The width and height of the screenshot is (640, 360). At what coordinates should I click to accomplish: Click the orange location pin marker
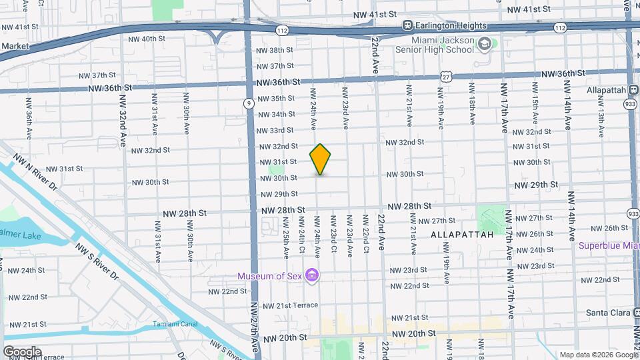(x=320, y=159)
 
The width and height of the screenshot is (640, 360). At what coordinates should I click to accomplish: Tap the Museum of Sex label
(x=270, y=276)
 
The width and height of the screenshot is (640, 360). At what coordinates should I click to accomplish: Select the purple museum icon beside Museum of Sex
(x=311, y=275)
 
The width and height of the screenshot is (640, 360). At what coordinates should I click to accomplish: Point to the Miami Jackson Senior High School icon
(x=485, y=45)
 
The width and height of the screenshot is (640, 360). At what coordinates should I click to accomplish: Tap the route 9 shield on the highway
(x=248, y=103)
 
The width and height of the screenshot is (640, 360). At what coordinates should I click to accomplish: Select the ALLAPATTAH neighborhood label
(x=462, y=235)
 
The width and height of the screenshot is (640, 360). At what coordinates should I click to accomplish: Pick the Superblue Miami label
(x=608, y=245)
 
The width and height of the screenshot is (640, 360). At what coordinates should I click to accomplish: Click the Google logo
(x=22, y=351)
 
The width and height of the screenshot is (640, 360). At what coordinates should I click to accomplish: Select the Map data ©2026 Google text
(x=598, y=355)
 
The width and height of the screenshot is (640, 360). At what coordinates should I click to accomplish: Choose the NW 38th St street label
(x=275, y=50)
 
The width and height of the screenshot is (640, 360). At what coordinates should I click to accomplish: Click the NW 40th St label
(x=147, y=39)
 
